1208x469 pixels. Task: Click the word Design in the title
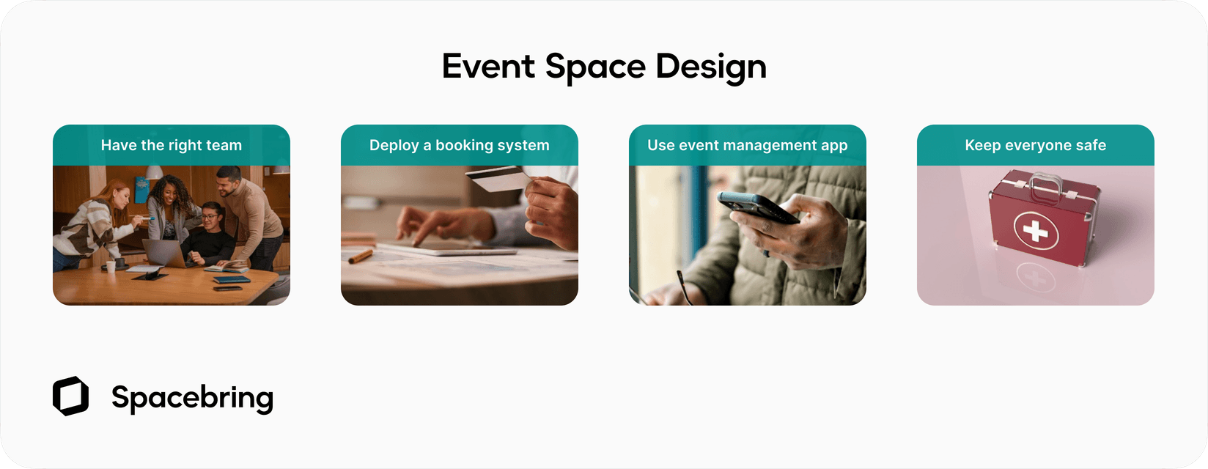[x=710, y=67]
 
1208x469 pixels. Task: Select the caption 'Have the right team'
[x=171, y=145]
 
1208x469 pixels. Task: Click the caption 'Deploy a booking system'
[x=459, y=145]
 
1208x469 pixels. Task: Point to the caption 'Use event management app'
[x=747, y=145]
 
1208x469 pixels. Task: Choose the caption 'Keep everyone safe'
[x=1035, y=145]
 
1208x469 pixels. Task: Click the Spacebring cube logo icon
[x=70, y=396]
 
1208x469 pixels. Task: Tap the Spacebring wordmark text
[x=192, y=398]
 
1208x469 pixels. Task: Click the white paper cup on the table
[x=111, y=266]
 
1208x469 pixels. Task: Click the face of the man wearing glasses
[x=210, y=217]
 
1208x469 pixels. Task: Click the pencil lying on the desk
[x=361, y=256]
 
